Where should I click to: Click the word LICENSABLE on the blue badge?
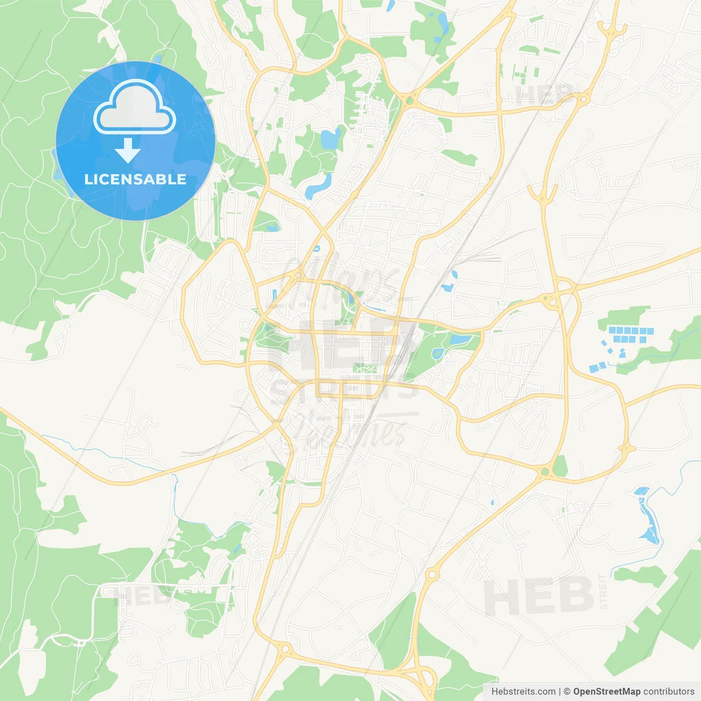tap(135, 179)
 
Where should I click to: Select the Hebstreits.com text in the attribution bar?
tap(523, 692)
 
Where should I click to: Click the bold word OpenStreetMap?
tap(606, 692)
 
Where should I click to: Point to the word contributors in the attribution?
tap(669, 692)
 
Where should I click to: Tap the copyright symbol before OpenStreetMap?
tap(567, 692)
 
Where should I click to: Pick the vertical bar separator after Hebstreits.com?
tap(560, 692)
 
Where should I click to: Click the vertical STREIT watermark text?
tap(604, 592)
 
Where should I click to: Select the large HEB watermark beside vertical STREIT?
tap(539, 596)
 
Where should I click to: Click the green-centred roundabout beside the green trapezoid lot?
tap(544, 471)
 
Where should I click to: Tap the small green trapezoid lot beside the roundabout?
tap(560, 467)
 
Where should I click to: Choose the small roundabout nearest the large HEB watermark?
tap(432, 574)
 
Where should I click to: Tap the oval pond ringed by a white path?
tap(438, 354)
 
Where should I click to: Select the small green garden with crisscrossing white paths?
tap(361, 369)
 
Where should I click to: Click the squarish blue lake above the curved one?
tap(330, 139)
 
